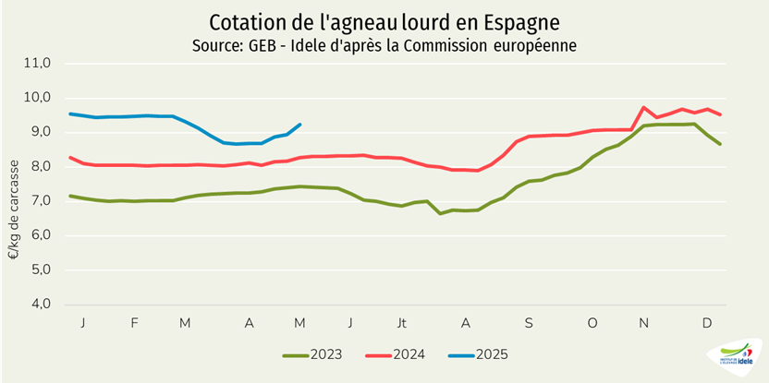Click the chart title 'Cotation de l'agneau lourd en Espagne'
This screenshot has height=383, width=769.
click(x=384, y=21)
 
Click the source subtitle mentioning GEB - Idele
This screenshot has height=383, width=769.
click(x=384, y=45)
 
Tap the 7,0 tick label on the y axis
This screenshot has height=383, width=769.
click(x=43, y=201)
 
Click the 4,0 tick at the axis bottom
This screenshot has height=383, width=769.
click(x=43, y=305)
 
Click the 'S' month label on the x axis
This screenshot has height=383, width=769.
click(x=529, y=323)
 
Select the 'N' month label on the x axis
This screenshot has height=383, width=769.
click(x=644, y=323)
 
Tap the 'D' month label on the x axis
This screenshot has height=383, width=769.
click(x=707, y=323)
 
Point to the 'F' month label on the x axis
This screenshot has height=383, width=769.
click(x=135, y=323)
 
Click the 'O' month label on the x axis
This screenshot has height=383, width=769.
click(x=592, y=323)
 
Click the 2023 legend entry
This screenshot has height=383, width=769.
click(x=316, y=353)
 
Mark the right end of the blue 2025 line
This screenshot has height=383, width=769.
click(x=300, y=125)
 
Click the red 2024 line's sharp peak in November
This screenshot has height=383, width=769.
click(x=643, y=107)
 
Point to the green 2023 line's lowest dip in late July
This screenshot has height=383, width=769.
click(x=441, y=213)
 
